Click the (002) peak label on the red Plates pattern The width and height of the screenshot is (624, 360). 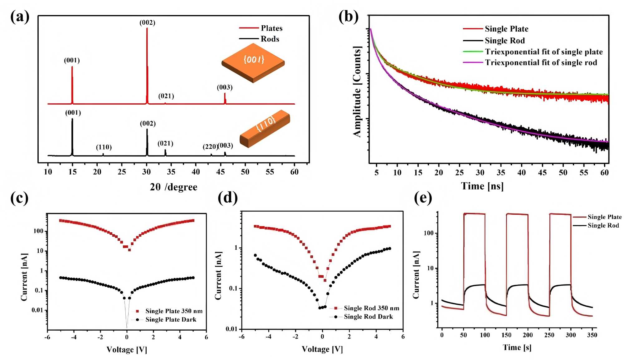point(147,22)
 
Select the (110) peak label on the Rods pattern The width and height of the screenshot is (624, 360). point(104,147)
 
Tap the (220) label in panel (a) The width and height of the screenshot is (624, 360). point(210,146)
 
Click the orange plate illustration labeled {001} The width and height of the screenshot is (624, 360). point(253,63)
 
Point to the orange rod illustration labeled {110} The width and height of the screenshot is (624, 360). point(265,128)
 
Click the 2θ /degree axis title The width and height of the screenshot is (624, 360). point(173,187)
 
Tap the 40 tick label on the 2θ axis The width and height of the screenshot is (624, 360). point(196,172)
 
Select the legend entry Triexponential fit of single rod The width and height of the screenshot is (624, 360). point(541,63)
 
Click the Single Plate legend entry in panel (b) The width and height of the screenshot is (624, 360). point(506,29)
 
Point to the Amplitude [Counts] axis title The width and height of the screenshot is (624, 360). point(357,91)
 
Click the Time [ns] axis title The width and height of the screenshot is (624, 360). point(482,186)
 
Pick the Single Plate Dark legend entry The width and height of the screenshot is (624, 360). point(171,319)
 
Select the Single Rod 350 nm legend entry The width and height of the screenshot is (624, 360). point(371,308)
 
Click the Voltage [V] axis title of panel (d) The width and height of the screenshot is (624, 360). point(322,349)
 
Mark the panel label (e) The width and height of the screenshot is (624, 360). point(423,198)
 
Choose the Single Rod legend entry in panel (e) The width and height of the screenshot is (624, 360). point(603,225)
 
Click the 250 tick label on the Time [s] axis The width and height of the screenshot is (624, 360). point(549,335)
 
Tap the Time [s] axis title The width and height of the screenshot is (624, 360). point(517,347)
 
